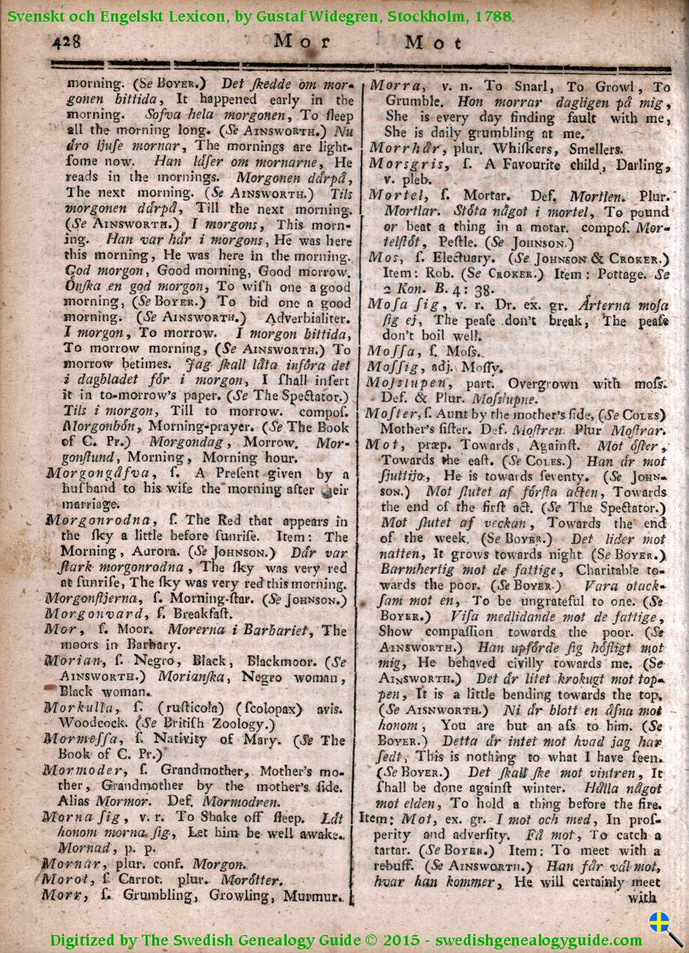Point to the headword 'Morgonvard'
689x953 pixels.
(87, 613)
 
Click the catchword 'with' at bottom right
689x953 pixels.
(642, 898)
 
